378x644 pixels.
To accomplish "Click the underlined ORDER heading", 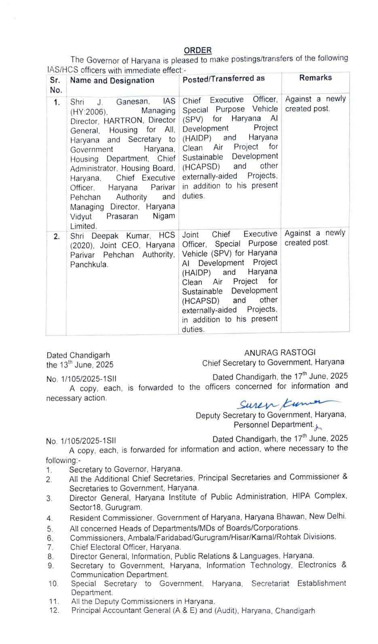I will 198,51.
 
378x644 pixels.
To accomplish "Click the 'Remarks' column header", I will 315,78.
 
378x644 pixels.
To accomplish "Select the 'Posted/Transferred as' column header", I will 224,79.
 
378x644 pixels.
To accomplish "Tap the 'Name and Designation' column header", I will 112,80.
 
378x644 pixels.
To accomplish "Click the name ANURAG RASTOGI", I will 280,353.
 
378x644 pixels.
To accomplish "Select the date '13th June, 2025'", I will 86,364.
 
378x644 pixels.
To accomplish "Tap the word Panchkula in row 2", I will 89,265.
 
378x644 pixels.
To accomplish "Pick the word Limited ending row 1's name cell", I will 83,226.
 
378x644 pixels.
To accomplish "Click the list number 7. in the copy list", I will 50,547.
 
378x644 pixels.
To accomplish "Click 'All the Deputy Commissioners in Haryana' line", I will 143,602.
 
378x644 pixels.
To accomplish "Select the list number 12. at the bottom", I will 54,610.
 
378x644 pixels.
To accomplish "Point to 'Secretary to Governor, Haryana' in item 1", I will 126,469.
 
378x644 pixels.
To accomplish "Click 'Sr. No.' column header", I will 55,85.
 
